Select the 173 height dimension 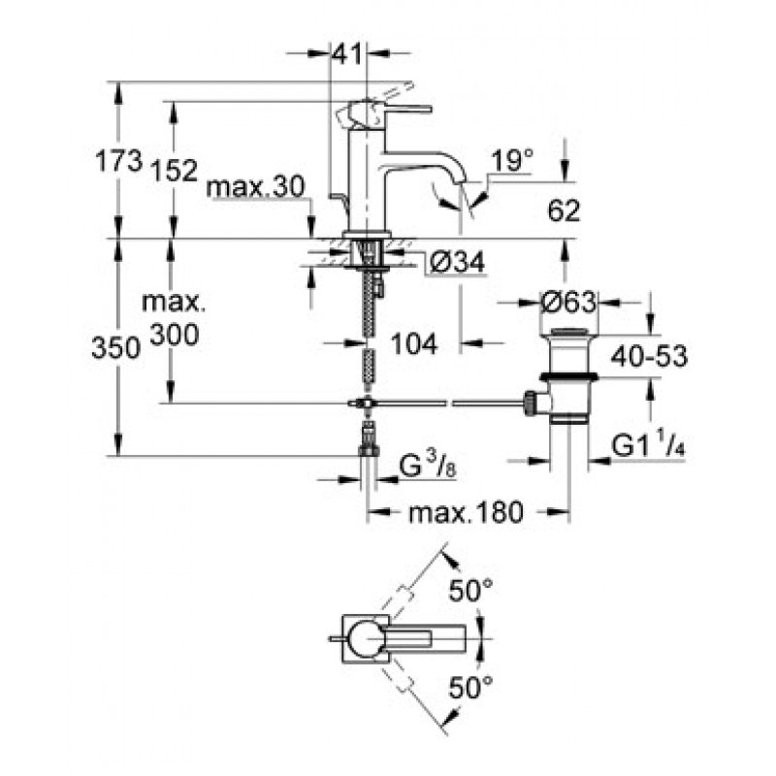pos(118,161)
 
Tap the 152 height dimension pos(174,171)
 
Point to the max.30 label pos(255,187)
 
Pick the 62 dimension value pos(564,211)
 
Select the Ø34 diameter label pos(457,262)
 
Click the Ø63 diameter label pos(568,302)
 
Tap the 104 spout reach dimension pos(414,343)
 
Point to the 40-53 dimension pos(649,355)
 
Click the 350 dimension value pos(115,347)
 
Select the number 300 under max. pos(175,335)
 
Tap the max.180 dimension pos(466,512)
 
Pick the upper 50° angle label pos(470,591)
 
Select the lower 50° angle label pos(470,688)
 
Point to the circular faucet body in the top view pos(365,638)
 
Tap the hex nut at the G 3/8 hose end pos(369,449)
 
